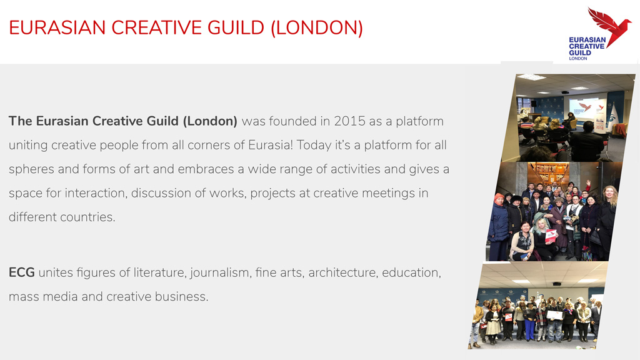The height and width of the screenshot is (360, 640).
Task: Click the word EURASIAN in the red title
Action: pyautogui.click(x=57, y=27)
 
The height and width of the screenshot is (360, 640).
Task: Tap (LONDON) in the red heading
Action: pyautogui.click(x=317, y=27)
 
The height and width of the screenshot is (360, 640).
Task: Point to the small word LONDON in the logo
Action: pyautogui.click(x=578, y=58)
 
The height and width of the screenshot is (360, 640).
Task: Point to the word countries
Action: pyautogui.click(x=87, y=217)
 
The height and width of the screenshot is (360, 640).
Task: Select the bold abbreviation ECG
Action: pyautogui.click(x=22, y=272)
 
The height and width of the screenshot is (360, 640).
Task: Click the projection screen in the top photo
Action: pyautogui.click(x=587, y=107)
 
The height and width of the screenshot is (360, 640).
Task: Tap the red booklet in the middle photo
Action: pyautogui.click(x=551, y=236)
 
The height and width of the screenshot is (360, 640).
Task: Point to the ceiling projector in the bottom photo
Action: pyautogui.click(x=556, y=284)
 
